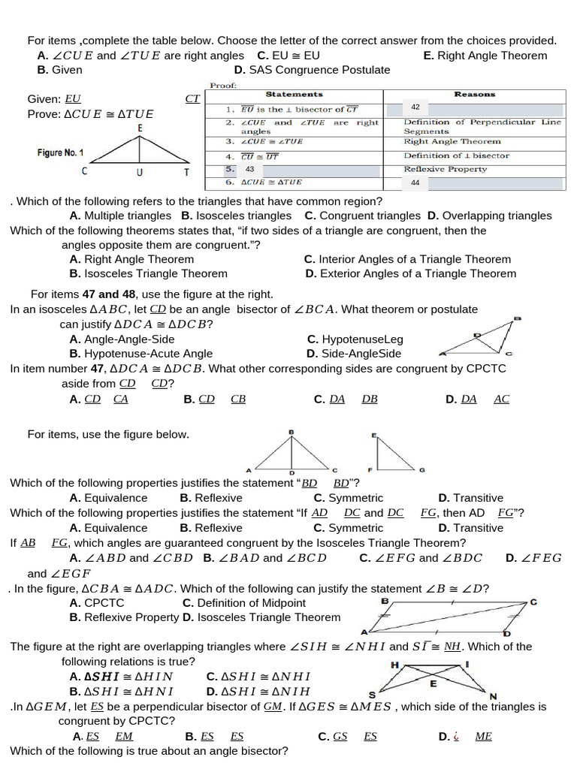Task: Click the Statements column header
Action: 294,95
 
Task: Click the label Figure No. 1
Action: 60,153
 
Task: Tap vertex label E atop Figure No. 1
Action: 140,128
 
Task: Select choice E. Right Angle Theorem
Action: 485,56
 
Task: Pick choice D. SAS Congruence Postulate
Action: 312,70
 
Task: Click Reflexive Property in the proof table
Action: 445,170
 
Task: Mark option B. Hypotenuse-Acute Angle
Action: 140,354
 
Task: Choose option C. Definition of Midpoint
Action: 244,603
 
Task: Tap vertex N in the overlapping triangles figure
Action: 493,696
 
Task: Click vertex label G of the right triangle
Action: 421,470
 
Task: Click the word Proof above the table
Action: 223,85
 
